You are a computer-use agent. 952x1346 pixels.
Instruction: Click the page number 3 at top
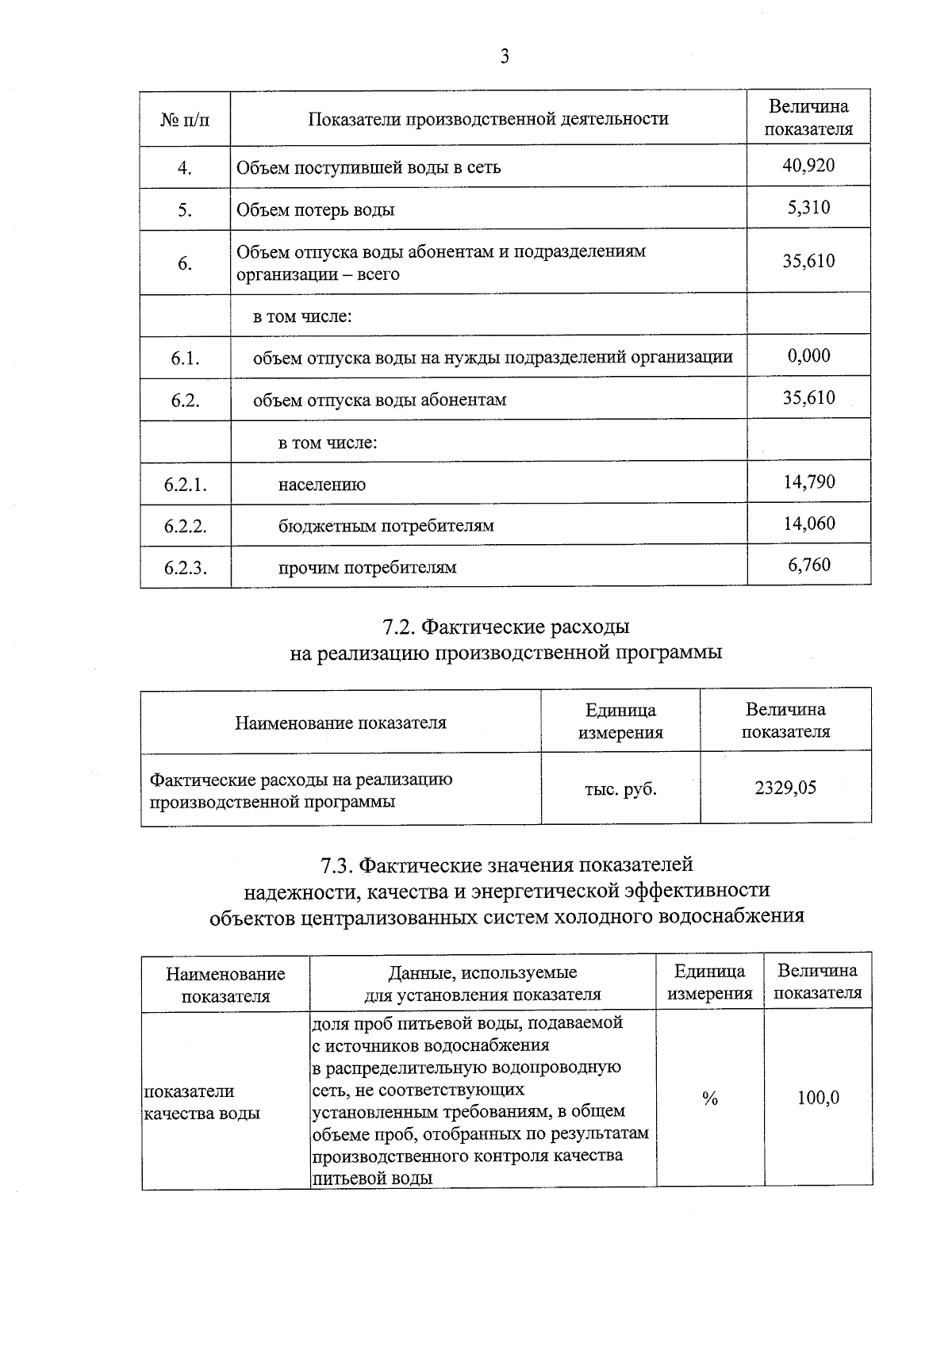[505, 56]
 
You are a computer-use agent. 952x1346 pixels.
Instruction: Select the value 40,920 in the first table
[808, 165]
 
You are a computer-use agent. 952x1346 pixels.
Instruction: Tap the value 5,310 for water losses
[808, 208]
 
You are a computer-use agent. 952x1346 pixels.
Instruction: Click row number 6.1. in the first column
[185, 359]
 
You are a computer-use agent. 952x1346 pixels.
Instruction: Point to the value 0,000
[808, 355]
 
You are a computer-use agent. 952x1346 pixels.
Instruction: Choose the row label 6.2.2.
[185, 526]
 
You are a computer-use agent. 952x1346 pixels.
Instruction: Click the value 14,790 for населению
[808, 481]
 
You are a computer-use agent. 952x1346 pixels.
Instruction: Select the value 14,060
[808, 523]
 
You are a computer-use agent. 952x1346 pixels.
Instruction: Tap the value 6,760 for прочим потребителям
[808, 565]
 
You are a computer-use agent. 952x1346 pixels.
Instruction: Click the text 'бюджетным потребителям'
[386, 526]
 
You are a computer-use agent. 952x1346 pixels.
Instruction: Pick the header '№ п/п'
[185, 119]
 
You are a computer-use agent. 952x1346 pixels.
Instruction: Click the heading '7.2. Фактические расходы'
[505, 627]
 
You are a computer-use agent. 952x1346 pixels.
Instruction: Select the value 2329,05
[785, 788]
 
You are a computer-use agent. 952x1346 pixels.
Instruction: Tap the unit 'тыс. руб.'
[620, 789]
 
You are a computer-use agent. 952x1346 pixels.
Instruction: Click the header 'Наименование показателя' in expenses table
[340, 723]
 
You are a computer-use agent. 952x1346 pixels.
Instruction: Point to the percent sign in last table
[709, 1099]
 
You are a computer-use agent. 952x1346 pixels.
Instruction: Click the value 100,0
[818, 1099]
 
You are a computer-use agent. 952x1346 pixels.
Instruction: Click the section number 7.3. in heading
[336, 864]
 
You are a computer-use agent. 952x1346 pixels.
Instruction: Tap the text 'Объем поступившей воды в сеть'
[369, 167]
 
